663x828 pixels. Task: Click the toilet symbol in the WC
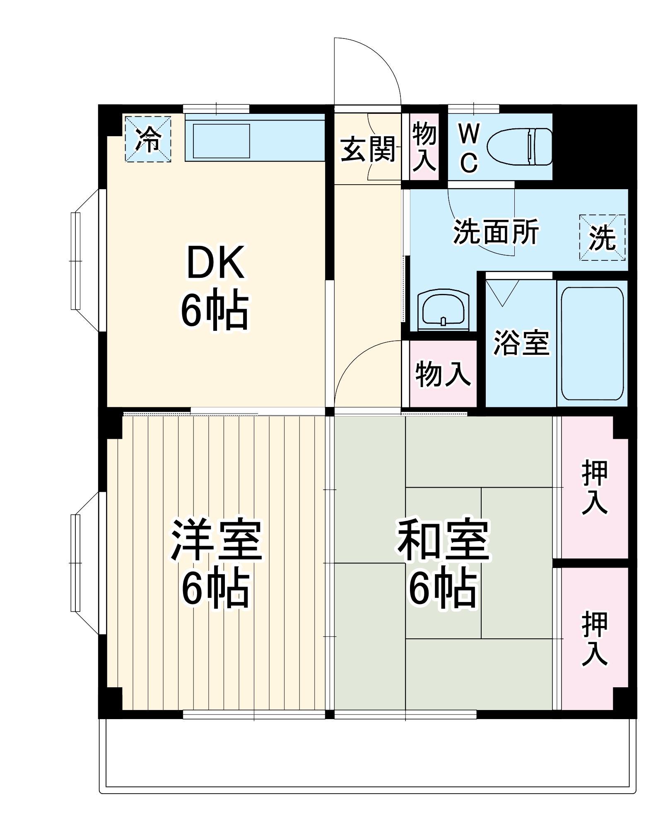(520, 147)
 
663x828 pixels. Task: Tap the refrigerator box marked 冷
(148, 139)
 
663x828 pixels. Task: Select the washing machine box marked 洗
(602, 238)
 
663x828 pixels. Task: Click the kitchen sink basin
(221, 141)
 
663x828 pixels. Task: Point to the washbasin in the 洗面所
(443, 308)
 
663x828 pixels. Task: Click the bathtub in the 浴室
(592, 344)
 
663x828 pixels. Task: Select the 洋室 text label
(216, 540)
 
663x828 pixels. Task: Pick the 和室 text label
(444, 540)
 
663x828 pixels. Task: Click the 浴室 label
(521, 343)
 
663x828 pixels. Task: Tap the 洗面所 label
(496, 232)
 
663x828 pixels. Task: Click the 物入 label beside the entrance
(424, 147)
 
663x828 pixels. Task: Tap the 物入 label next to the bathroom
(443, 374)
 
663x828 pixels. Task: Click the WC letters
(469, 148)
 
